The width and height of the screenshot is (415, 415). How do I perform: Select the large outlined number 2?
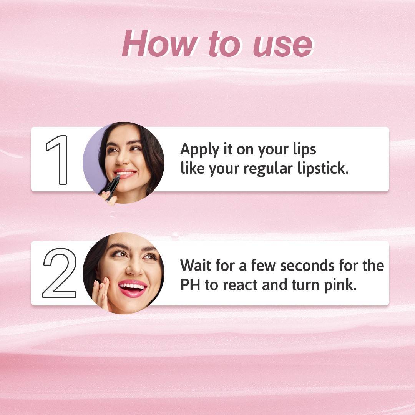coord(60,273)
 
